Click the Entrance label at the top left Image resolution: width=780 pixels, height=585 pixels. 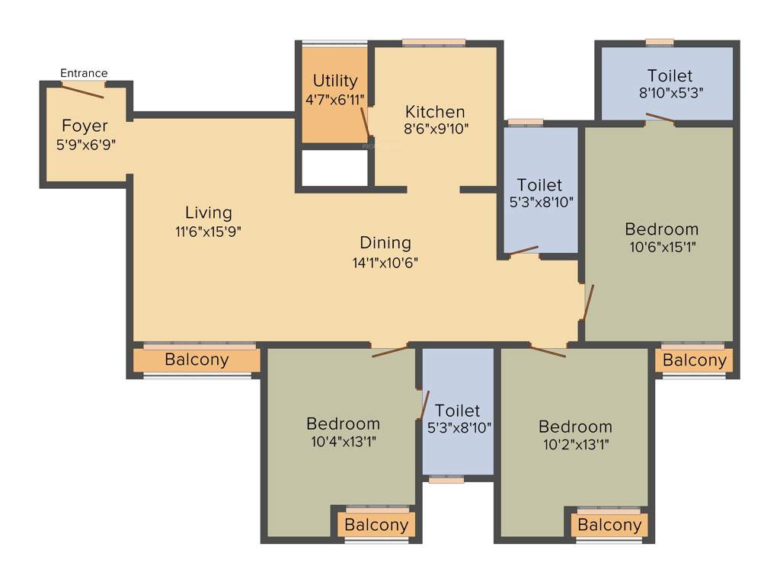[x=84, y=73]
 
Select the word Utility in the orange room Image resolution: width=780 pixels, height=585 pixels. [x=335, y=81]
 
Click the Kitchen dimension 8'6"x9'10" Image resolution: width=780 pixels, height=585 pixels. [x=436, y=129]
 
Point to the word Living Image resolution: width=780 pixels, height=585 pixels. [x=208, y=213]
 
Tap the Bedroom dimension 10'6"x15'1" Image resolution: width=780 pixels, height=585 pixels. [x=661, y=247]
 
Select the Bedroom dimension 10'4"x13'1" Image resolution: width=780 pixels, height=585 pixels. [x=343, y=442]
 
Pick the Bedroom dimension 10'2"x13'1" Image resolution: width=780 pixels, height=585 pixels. [x=575, y=444]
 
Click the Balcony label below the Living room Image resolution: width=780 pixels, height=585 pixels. [x=197, y=360]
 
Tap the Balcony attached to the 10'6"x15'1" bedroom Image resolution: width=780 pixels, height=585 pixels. [x=694, y=360]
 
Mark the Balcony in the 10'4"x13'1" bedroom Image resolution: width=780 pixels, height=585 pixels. [x=376, y=525]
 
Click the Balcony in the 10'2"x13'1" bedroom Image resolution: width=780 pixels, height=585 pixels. [x=609, y=525]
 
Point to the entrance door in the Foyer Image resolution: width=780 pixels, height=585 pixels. [x=83, y=91]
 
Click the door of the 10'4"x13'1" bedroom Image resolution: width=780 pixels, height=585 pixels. [x=389, y=351]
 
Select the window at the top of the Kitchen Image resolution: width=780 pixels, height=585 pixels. [x=433, y=43]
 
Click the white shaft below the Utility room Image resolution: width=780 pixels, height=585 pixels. [x=334, y=168]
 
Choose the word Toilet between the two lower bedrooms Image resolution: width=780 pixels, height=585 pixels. [x=457, y=411]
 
